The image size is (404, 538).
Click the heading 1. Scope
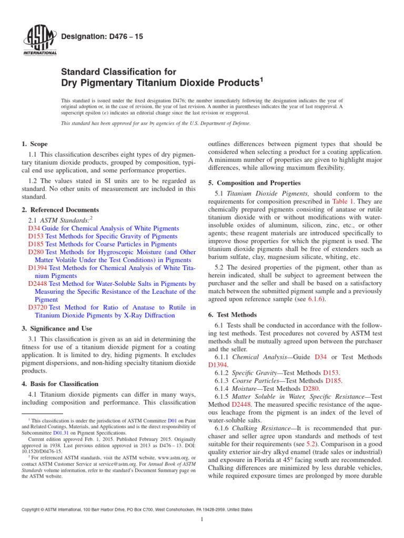click(x=35, y=144)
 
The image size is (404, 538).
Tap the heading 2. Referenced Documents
click(x=56, y=209)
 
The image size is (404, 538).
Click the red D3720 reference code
click(x=38, y=307)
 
